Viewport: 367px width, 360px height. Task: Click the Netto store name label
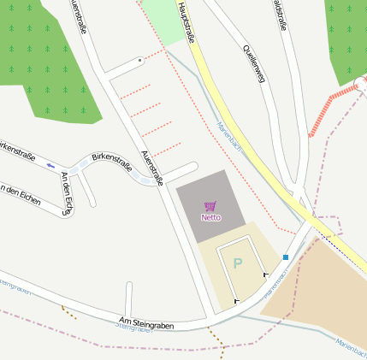(210, 217)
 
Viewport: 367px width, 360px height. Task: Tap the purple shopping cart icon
(210, 206)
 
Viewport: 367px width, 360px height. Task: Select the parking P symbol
(238, 263)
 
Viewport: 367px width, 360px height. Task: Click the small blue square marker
(286, 257)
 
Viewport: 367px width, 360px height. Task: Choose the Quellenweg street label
(254, 63)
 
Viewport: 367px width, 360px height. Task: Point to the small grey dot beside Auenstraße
(140, 61)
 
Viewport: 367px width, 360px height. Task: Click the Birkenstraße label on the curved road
(111, 161)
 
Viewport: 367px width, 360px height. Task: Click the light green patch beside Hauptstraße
(166, 19)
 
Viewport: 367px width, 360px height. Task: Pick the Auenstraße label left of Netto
(151, 164)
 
